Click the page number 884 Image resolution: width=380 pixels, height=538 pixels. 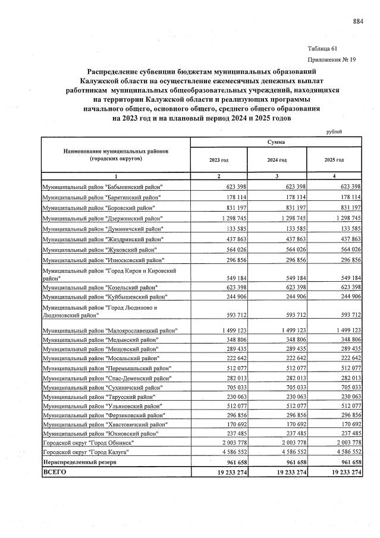(x=357, y=22)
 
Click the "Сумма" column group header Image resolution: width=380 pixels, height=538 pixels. (x=276, y=143)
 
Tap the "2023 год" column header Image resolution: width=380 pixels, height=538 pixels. (x=218, y=161)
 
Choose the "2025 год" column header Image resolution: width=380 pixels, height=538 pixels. (x=334, y=161)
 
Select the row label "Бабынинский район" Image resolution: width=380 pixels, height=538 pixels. (x=102, y=187)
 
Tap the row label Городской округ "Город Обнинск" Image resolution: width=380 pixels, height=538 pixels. (x=88, y=443)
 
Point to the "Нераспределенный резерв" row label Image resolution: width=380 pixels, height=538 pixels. (x=79, y=462)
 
